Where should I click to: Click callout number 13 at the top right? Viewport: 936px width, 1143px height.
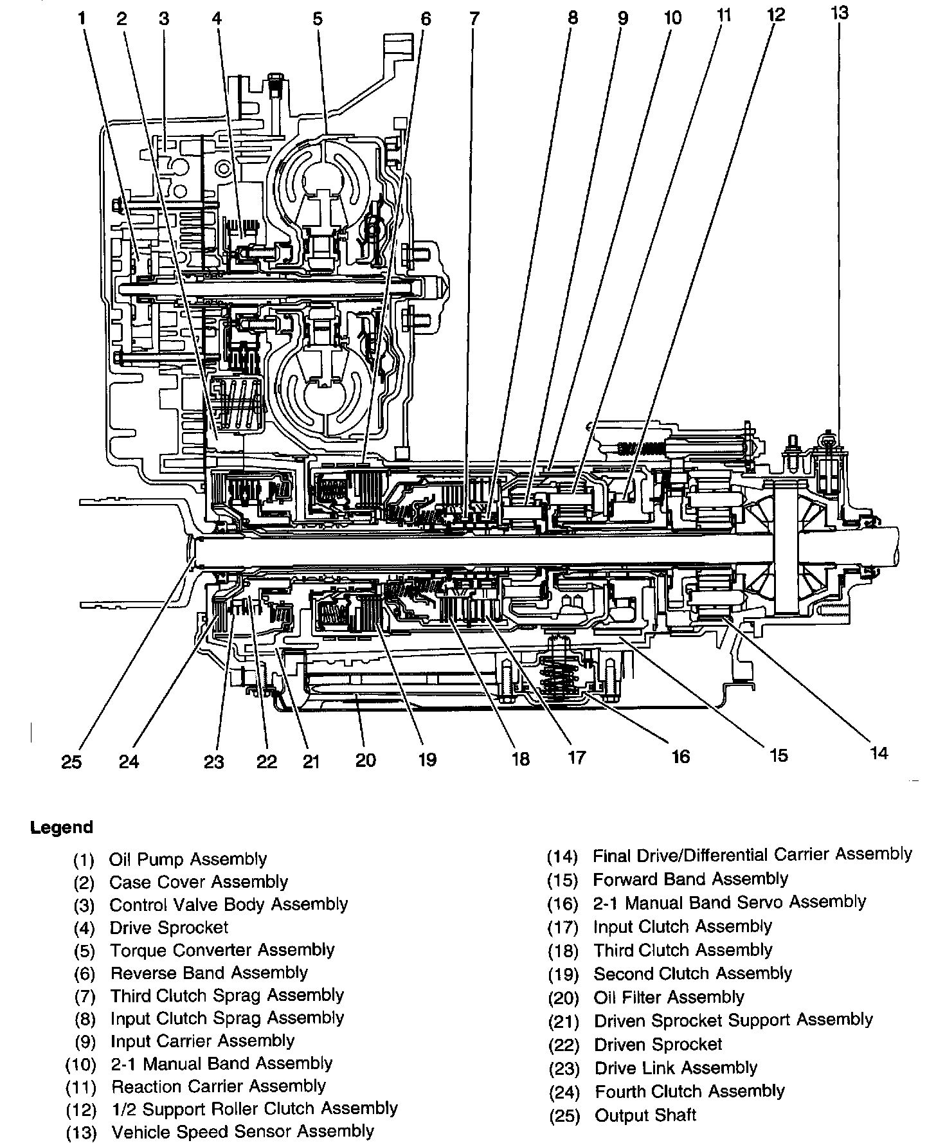coord(840,13)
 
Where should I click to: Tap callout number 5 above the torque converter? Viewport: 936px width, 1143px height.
coord(317,19)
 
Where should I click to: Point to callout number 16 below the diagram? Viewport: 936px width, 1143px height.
coord(679,757)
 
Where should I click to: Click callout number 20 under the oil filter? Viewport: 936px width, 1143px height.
coord(365,760)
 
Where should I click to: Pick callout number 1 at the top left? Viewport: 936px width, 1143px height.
coord(82,19)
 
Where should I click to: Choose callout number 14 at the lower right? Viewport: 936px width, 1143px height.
coord(878,753)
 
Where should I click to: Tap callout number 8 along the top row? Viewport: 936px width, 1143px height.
coord(572,19)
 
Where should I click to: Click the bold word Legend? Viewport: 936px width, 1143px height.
coord(62,827)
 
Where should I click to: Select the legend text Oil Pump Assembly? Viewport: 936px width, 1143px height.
coord(188,860)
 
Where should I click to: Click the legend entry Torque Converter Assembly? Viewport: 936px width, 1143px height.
coord(222,950)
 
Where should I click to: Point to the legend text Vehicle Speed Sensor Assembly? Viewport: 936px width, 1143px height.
coord(242,1131)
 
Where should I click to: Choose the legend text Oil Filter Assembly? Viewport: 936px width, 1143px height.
coord(669,997)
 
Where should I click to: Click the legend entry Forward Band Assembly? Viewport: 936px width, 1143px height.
coord(690,879)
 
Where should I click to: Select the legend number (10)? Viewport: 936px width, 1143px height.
coord(81,1064)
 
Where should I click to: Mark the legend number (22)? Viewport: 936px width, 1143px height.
coord(564,1045)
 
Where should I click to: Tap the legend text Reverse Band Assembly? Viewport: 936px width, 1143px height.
coord(209,973)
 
